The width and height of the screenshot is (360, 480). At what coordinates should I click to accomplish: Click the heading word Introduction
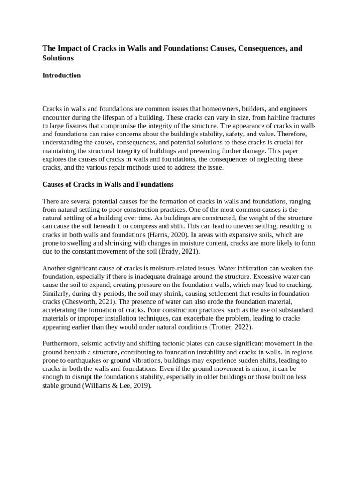tap(61, 75)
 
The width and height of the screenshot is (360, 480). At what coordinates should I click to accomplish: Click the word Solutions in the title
tap(58, 58)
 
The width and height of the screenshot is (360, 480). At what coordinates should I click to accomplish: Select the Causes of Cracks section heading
tap(108, 184)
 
